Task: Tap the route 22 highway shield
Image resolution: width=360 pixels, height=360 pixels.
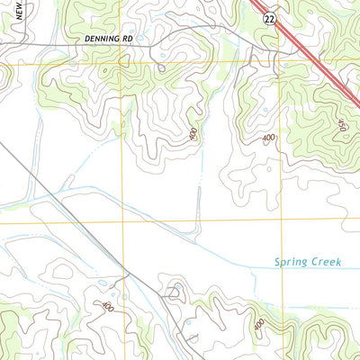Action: tap(269, 17)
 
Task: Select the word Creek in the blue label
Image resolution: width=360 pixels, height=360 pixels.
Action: tap(327, 263)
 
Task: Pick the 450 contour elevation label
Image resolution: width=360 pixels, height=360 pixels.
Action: tap(341, 127)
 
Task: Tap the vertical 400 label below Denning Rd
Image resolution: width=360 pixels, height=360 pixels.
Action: tap(193, 134)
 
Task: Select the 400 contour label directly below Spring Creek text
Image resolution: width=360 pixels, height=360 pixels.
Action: tap(259, 324)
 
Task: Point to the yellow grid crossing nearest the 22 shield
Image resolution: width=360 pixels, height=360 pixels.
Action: tap(281, 61)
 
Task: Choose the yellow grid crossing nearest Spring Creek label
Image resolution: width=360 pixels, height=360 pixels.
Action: tap(282, 220)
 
